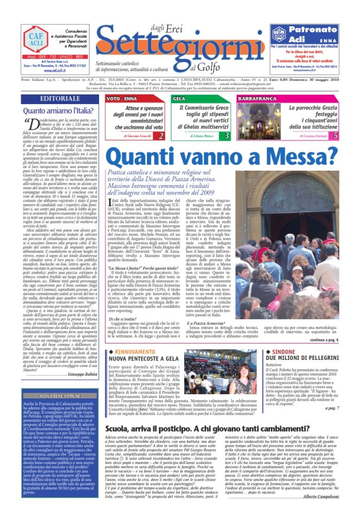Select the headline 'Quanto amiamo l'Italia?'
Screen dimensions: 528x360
(56, 110)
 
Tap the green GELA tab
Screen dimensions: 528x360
(179, 98)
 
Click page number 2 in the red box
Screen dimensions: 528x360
(161, 136)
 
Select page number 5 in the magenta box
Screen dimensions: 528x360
(336, 136)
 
